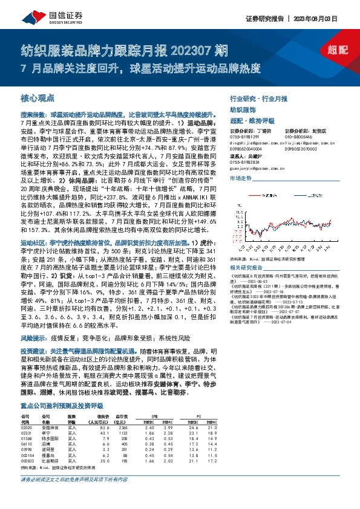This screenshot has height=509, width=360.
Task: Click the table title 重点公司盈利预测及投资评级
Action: coord(60,389)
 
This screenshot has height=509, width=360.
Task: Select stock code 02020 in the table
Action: coord(26,411)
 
